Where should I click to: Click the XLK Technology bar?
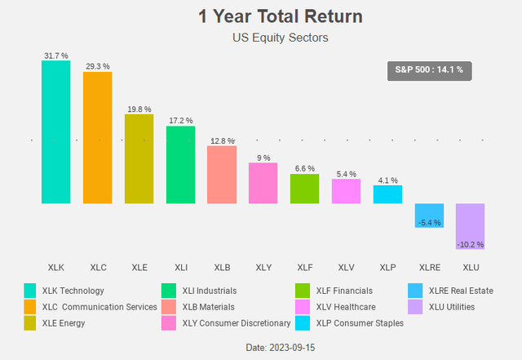[x=56, y=131]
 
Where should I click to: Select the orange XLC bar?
[x=97, y=136]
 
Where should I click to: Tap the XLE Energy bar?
[x=139, y=158]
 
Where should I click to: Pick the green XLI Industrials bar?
[x=180, y=164]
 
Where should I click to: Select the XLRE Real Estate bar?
[x=429, y=216]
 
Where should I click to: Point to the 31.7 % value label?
[x=56, y=56]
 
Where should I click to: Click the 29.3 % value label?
[x=97, y=65]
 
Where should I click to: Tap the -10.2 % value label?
[x=471, y=244]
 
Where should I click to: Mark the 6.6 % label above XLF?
[x=304, y=168]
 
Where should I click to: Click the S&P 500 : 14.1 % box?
[x=429, y=70]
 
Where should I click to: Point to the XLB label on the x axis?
[x=221, y=267]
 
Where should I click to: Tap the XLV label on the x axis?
[x=346, y=267]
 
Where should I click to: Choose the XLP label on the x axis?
[x=387, y=267]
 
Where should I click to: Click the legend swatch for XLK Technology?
[x=30, y=291]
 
